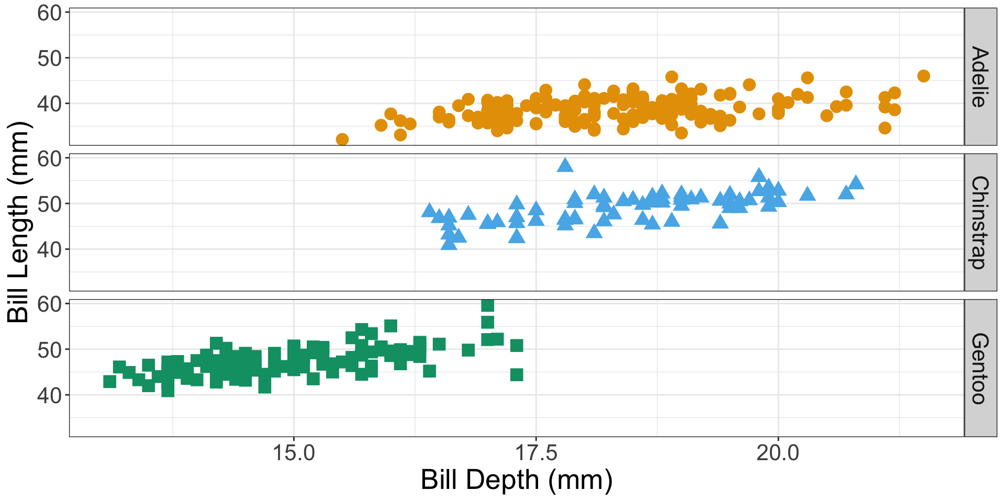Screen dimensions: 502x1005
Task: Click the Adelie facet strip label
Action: [980, 77]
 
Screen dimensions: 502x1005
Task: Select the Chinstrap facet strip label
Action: [980, 223]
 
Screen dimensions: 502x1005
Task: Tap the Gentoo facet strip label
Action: [980, 368]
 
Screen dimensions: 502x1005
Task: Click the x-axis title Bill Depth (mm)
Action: [516, 480]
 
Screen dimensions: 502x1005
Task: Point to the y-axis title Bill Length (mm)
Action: [19, 222]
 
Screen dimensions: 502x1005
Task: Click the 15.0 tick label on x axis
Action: [294, 453]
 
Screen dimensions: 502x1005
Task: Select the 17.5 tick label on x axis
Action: [536, 453]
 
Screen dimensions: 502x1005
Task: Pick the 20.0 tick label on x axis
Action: [778, 453]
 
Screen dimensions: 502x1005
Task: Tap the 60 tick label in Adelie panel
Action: [49, 13]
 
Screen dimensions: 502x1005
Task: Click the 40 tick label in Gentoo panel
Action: [49, 395]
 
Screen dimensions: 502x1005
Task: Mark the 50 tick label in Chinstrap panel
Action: [49, 204]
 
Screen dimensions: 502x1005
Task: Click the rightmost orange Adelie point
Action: [923, 76]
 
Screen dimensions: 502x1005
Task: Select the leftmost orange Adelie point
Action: [342, 139]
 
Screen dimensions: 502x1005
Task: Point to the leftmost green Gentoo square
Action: [109, 381]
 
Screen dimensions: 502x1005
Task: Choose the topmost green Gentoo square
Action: [487, 305]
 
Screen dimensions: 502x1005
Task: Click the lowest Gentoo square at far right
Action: [517, 374]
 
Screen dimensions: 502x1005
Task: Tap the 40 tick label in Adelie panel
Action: [49, 104]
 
